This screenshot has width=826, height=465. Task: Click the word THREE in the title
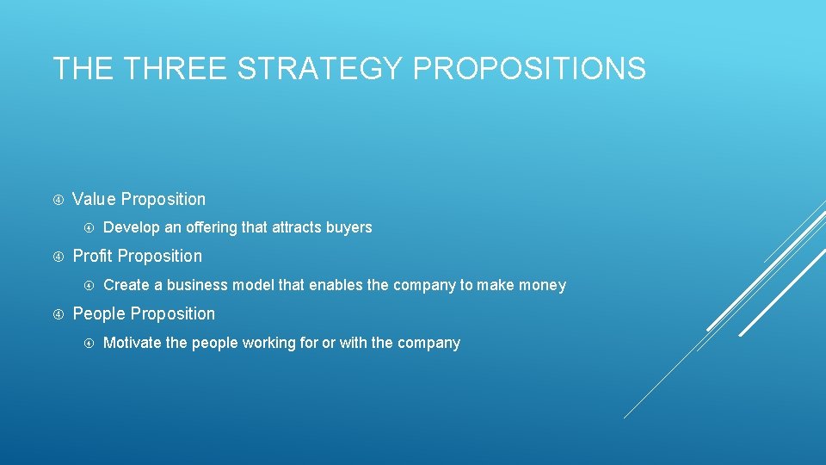[x=172, y=68]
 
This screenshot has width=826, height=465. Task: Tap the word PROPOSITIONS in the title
[x=529, y=68]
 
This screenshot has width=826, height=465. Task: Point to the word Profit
[x=93, y=256]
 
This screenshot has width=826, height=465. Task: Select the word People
[x=99, y=313]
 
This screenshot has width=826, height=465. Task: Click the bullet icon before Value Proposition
[x=59, y=200]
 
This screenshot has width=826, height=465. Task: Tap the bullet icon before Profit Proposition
[x=59, y=257]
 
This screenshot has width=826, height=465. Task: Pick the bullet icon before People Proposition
[x=59, y=314]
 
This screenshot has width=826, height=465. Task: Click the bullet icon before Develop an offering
[x=89, y=228]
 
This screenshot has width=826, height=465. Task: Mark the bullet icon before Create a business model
[x=89, y=285]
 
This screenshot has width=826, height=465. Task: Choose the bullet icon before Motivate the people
[x=89, y=343]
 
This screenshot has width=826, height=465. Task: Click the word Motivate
[x=132, y=343]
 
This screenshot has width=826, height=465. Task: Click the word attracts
[x=295, y=227]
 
